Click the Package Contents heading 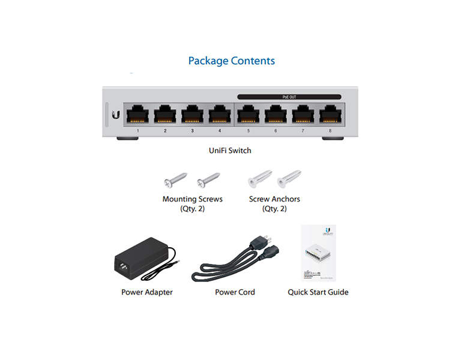(231, 61)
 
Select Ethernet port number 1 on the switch (137, 113)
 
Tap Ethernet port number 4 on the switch (219, 113)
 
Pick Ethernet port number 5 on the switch (248, 113)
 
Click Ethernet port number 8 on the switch (330, 113)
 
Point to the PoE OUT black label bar (289, 96)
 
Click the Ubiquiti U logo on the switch (116, 114)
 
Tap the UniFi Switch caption (230, 151)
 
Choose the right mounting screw (208, 179)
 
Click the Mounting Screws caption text (192, 199)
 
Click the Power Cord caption (235, 292)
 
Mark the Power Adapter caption (146, 292)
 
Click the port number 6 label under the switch (276, 130)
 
